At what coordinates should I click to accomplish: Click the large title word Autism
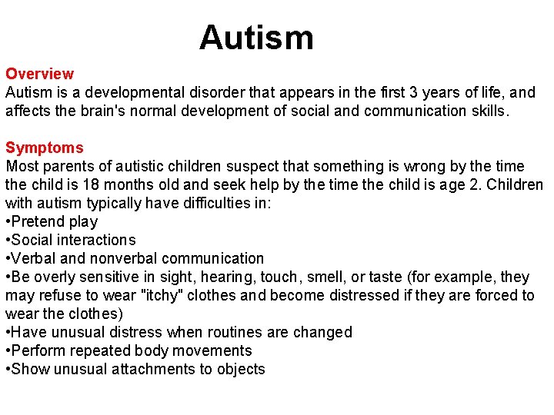(256, 37)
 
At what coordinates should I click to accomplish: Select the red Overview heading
(40, 74)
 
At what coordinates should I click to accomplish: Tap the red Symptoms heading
(45, 148)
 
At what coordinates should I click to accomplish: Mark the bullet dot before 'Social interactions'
(8, 240)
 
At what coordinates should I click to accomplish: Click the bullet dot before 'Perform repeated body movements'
(8, 350)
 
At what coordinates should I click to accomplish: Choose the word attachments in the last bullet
(152, 369)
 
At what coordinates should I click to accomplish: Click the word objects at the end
(241, 369)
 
